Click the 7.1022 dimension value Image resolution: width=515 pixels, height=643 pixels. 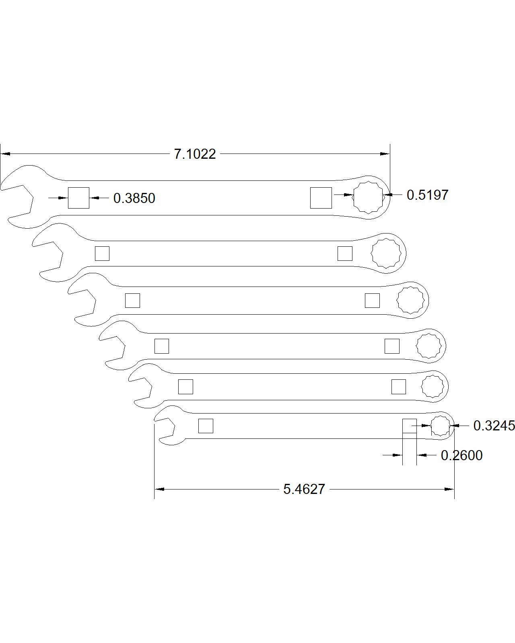tap(195, 154)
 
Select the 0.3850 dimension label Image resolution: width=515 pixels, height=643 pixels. tap(134, 198)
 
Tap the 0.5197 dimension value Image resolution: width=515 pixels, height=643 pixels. tap(427, 195)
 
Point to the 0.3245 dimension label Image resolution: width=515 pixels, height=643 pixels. tap(494, 426)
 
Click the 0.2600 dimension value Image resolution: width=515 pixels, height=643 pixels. tap(461, 455)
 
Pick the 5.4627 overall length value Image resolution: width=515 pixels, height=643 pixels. tap(304, 489)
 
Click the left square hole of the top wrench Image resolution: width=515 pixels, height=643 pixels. tap(78, 198)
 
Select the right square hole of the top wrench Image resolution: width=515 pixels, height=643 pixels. tap(321, 198)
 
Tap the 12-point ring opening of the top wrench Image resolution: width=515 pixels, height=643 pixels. tap(368, 197)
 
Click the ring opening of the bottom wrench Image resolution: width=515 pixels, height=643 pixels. tap(440, 426)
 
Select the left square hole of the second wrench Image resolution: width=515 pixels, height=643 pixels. tap(102, 254)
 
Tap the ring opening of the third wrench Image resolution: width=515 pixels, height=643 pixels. tap(410, 300)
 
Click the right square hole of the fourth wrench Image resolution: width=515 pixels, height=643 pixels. tap(392, 346)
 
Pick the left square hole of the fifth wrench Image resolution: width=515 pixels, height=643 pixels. tap(185, 387)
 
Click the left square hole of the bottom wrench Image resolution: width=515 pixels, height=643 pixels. tap(206, 426)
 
